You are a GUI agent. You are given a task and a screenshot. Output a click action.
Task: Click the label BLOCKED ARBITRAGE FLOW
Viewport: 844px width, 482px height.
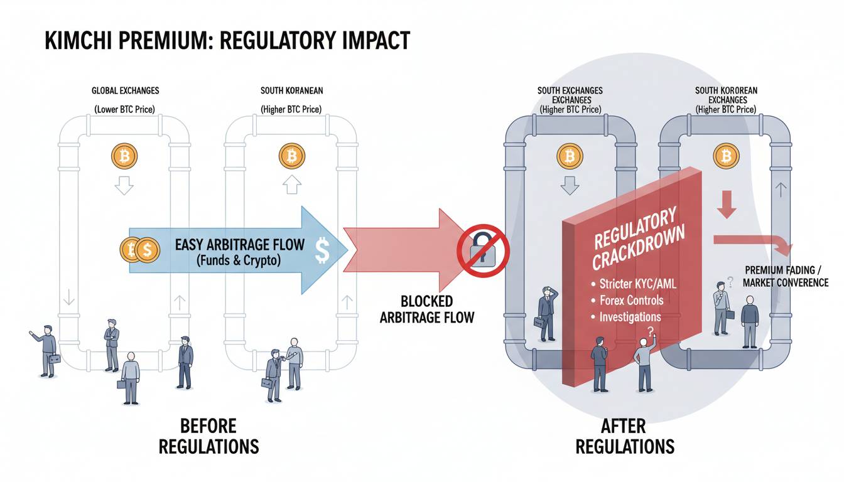[x=426, y=309]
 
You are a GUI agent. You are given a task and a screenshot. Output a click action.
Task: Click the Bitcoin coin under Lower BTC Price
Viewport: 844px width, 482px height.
[x=123, y=154]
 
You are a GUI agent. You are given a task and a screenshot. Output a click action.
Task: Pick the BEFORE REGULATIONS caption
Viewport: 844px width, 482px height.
[x=209, y=436]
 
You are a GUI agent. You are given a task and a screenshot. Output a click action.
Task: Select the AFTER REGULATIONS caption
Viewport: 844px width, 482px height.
[x=625, y=436]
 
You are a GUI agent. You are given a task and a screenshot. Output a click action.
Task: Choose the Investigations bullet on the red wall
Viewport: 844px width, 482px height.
[x=626, y=317]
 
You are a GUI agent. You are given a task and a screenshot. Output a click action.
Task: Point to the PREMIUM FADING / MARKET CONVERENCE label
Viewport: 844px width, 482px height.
[x=785, y=276]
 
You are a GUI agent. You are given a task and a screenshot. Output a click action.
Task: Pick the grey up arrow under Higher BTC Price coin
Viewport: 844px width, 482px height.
[x=291, y=185]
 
